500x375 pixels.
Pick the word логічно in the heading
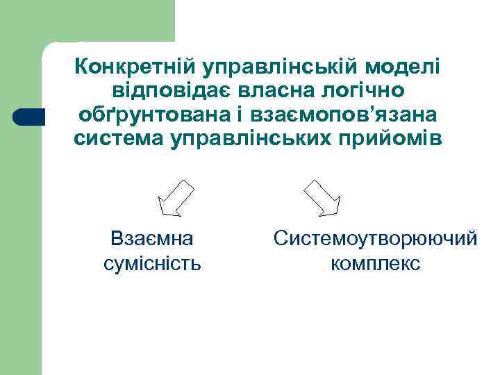(369, 91)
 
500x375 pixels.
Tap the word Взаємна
(152, 239)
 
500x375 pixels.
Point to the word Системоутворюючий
(376, 239)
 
